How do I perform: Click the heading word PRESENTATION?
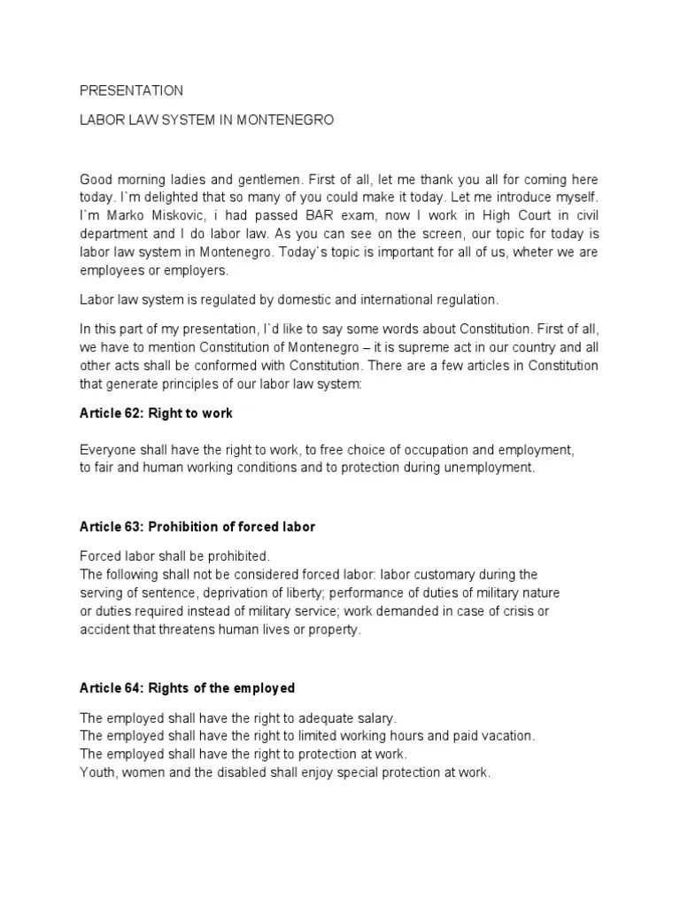click(x=131, y=90)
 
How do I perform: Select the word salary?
click(x=379, y=717)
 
